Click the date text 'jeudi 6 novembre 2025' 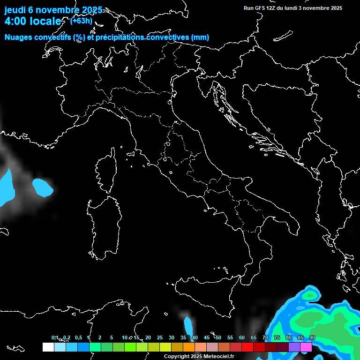[x=53, y=10]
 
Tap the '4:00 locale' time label [x=33, y=21]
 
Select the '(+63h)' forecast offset [x=81, y=21]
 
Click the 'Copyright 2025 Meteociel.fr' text [x=199, y=357]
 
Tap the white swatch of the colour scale [x=48, y=347]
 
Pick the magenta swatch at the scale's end [x=306, y=347]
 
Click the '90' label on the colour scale [x=312, y=338]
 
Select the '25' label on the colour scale [x=160, y=338]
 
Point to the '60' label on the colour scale [x=242, y=338]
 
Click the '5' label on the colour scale [x=112, y=338]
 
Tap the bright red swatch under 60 [x=247, y=347]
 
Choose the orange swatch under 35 [x=189, y=347]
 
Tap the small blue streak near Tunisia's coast [x=189, y=325]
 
